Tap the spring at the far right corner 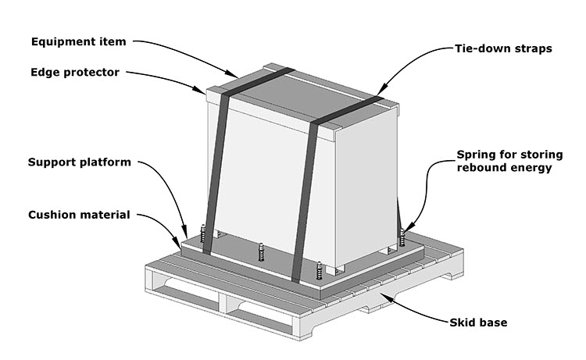(403, 235)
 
